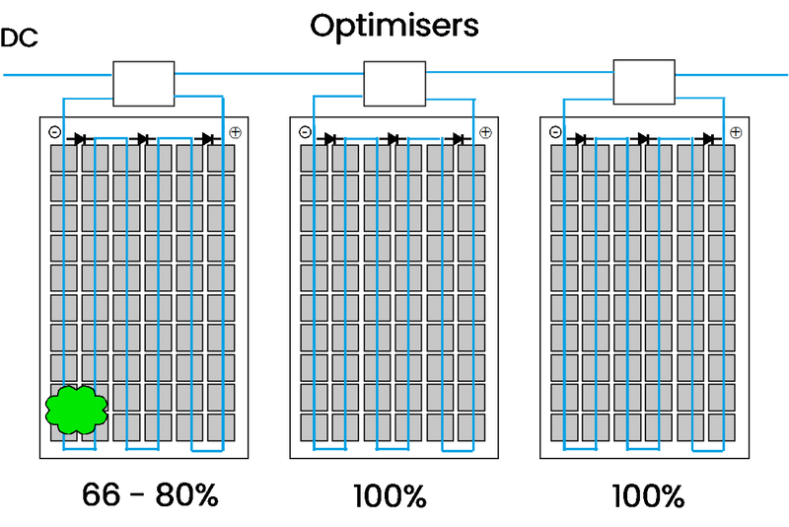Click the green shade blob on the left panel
(76, 410)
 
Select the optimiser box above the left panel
(143, 83)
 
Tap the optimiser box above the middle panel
(394, 83)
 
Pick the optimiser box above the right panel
(644, 82)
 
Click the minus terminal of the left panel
(54, 132)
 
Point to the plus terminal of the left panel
(235, 132)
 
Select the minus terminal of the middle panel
(305, 132)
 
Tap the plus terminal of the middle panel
(485, 132)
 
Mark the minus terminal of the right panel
(555, 132)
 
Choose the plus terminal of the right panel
(736, 132)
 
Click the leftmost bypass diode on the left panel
(79, 139)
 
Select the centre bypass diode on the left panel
(143, 139)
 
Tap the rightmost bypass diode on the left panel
(208, 139)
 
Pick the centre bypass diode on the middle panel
(394, 139)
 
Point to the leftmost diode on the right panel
(581, 139)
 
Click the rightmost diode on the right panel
(709, 139)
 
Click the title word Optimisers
(394, 26)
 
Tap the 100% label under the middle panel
(389, 494)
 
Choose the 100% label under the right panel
(646, 494)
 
